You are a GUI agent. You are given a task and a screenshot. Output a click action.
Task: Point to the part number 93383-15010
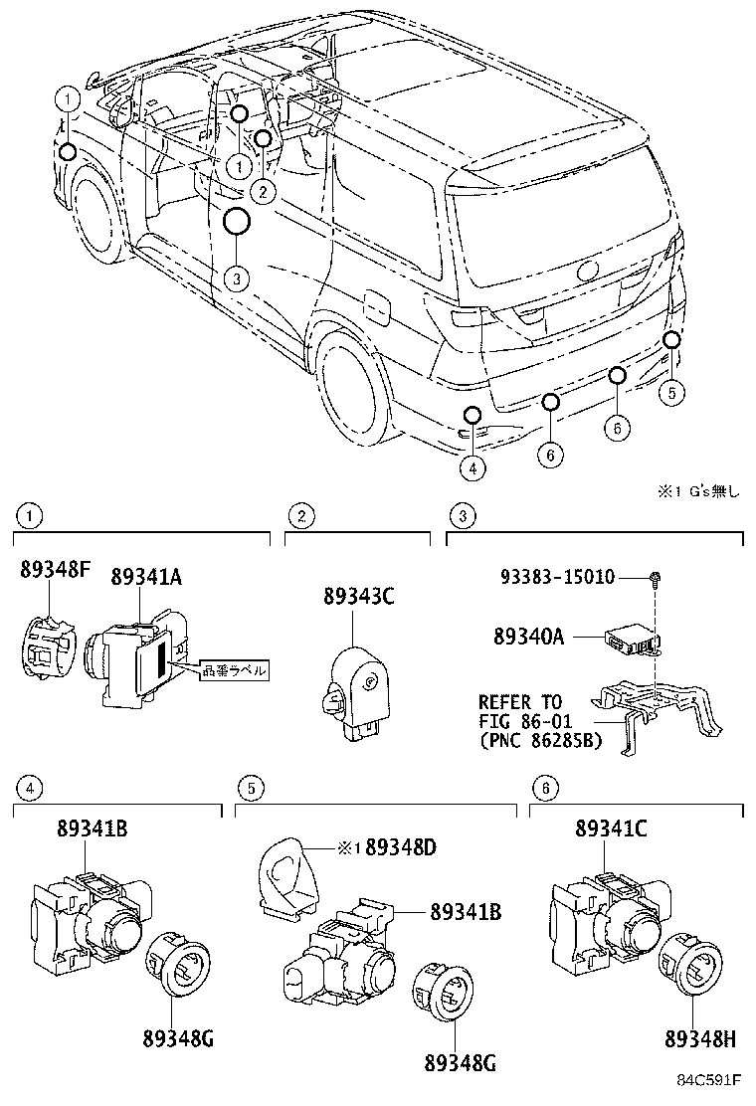pyautogui.click(x=558, y=578)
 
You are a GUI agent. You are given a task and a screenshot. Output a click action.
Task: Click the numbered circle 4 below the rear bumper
pyautogui.click(x=472, y=467)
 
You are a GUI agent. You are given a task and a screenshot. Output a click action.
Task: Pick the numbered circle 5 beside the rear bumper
pyautogui.click(x=672, y=392)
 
